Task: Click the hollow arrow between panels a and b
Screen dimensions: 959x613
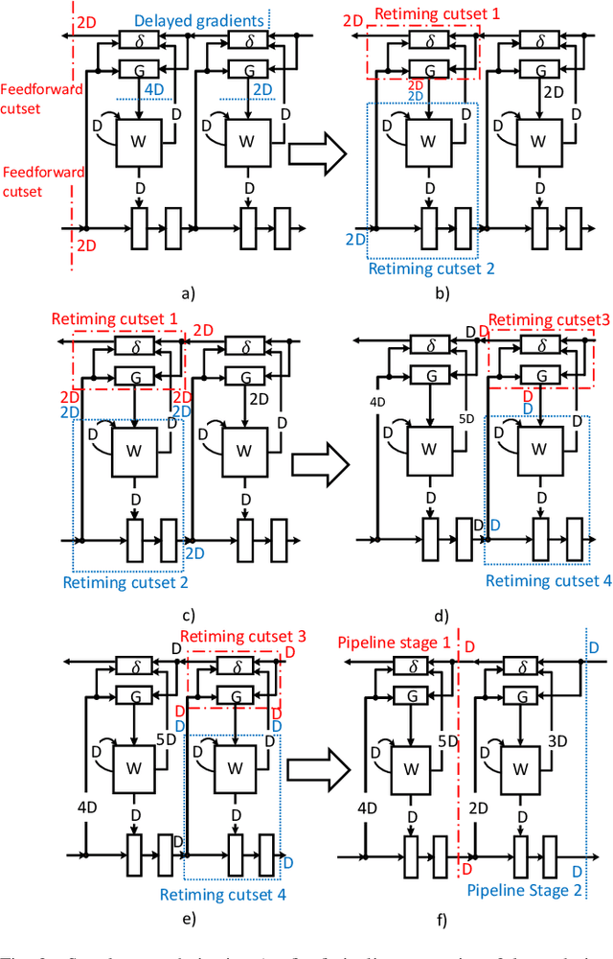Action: coord(317,153)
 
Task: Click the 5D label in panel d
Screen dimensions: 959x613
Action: coord(466,419)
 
